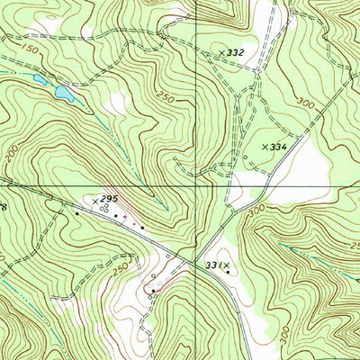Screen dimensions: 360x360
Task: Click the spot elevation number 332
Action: (x=236, y=54)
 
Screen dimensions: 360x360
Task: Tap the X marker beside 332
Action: (x=221, y=54)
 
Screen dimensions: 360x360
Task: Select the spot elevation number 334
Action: (x=278, y=146)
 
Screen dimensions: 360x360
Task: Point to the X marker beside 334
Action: (x=265, y=146)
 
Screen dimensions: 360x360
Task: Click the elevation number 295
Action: (x=110, y=198)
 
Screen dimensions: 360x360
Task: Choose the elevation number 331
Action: (x=212, y=265)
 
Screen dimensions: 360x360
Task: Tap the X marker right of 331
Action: (x=227, y=265)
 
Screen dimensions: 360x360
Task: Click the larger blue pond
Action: (x=63, y=92)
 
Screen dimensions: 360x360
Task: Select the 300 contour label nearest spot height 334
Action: (x=305, y=104)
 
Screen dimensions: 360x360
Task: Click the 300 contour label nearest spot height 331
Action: (x=258, y=209)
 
